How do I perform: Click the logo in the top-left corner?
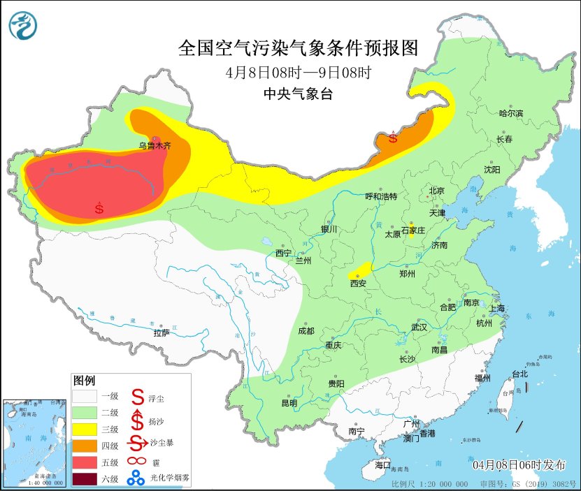(24, 25)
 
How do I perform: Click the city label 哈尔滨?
(510, 113)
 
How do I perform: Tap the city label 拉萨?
(162, 332)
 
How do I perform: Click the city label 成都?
(306, 331)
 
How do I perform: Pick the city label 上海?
(498, 308)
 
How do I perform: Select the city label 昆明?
(289, 403)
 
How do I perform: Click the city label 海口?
(382, 465)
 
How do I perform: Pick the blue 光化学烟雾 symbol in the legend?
(136, 478)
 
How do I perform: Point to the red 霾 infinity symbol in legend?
(136, 461)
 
